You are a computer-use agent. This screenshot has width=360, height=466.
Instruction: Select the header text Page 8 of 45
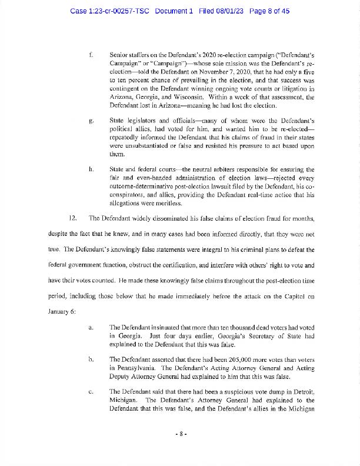(269, 11)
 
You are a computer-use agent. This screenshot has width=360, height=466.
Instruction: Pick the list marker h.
(91, 169)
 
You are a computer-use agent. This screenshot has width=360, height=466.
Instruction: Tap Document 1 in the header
(174, 11)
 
